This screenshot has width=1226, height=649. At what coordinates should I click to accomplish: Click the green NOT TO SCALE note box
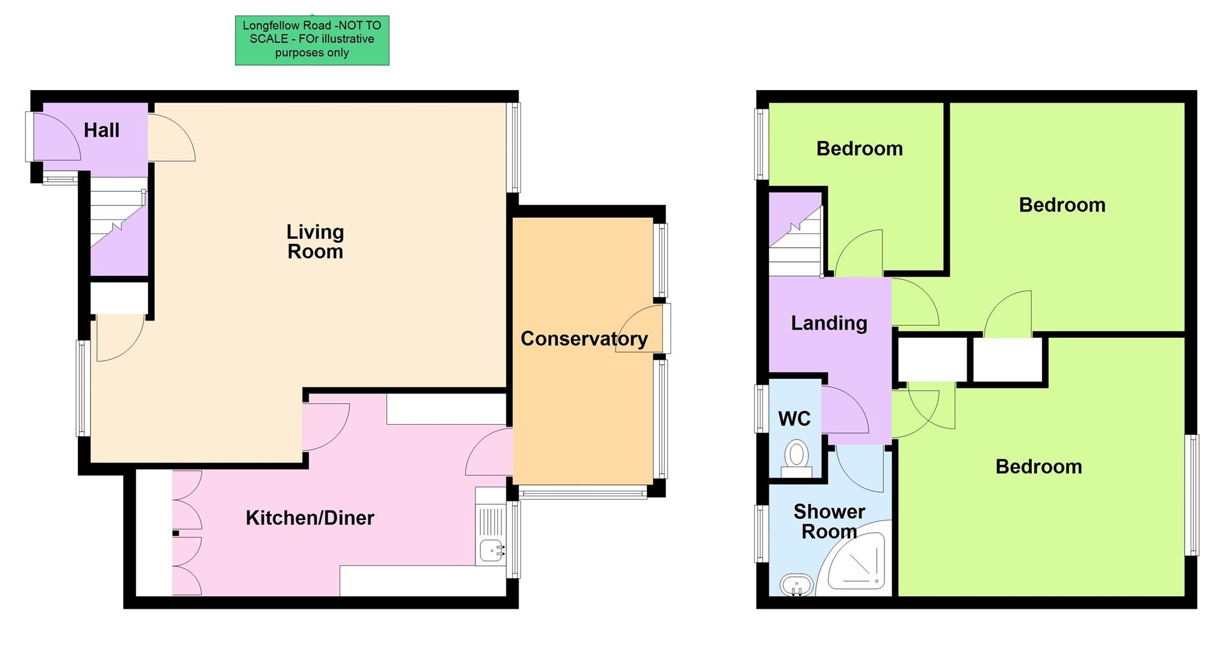312,40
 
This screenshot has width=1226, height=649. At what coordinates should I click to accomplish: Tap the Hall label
102,130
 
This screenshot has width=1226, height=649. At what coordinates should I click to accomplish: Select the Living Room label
315,241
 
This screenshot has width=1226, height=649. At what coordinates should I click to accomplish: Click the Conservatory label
584,339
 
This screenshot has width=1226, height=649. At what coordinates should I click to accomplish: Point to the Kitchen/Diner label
310,517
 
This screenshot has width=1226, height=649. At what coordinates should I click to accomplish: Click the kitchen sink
491,547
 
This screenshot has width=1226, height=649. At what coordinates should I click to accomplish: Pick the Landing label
829,323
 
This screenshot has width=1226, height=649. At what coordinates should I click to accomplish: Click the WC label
794,418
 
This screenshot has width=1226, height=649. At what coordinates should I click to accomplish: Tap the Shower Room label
829,521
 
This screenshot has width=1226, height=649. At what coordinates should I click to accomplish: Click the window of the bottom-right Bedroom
1192,494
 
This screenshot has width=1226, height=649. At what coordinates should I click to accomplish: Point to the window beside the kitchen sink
513,539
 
